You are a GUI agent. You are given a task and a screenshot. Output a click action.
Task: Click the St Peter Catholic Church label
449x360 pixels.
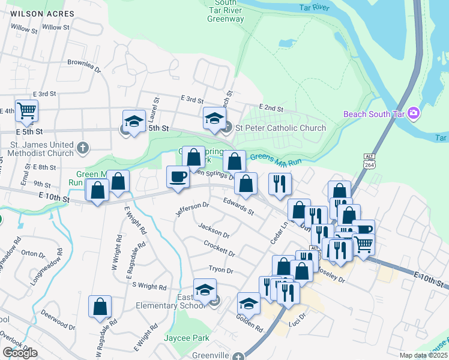280,127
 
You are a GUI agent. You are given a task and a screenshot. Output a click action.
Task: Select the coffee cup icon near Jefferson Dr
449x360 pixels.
178,177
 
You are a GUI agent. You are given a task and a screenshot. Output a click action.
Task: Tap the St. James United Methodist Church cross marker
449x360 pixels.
83,146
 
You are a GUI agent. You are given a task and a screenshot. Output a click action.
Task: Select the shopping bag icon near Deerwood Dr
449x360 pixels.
100,306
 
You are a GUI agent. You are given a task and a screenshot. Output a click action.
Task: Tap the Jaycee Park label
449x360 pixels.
187,338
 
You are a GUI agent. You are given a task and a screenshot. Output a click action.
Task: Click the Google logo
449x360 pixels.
20,353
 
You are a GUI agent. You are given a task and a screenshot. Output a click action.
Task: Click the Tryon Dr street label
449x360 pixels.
220,270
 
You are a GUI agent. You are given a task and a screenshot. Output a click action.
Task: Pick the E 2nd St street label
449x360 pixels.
273,108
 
